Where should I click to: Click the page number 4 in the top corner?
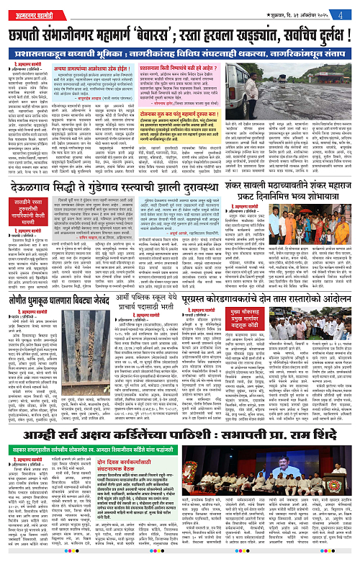(x=348, y=9)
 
